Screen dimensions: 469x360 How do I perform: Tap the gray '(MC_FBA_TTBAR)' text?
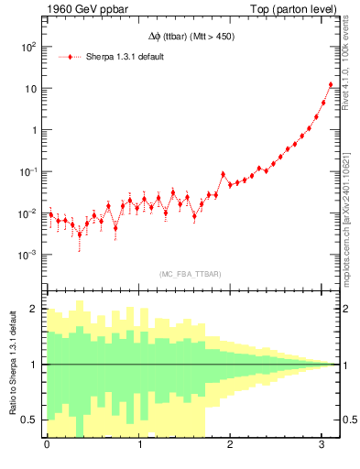[191, 274]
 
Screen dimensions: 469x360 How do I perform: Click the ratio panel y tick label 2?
[34, 310]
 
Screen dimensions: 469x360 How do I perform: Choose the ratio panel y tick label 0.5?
[30, 420]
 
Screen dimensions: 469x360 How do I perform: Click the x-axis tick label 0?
[47, 446]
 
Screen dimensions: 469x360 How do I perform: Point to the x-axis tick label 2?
[230, 446]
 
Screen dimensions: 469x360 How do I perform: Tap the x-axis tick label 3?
[322, 446]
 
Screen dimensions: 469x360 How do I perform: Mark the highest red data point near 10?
[331, 85]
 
